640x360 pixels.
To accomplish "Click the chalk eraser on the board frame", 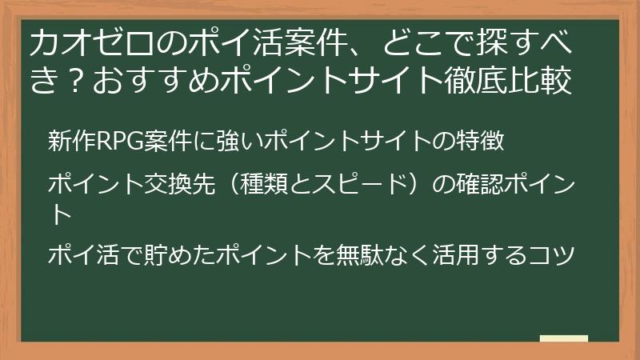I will [563, 339].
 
